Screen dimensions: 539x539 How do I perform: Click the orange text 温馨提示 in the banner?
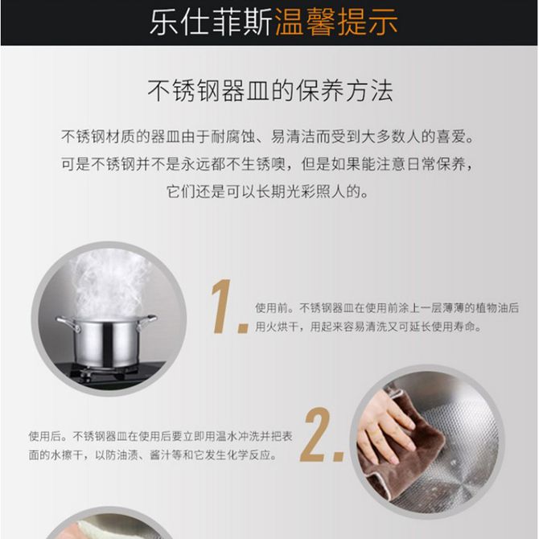tap(336, 23)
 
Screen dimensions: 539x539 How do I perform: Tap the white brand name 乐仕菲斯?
tap(212, 23)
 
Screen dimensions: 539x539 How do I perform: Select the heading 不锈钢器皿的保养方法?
tap(270, 91)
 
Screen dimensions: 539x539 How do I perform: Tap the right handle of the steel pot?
tap(146, 323)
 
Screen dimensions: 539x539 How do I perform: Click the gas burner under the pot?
tap(103, 373)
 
